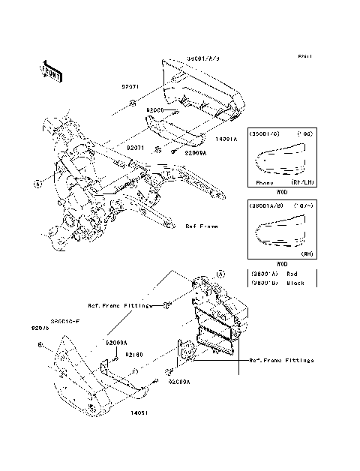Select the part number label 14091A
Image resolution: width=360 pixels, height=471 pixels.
click(225, 139)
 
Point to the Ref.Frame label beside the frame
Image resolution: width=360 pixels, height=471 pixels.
click(201, 226)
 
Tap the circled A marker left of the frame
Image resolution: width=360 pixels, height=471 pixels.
click(37, 182)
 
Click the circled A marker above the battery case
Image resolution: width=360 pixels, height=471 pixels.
click(220, 274)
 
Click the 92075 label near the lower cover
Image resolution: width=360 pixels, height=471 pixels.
click(40, 328)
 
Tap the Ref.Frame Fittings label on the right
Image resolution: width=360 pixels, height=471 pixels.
click(282, 360)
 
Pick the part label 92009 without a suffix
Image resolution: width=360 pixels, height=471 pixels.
click(155, 110)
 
